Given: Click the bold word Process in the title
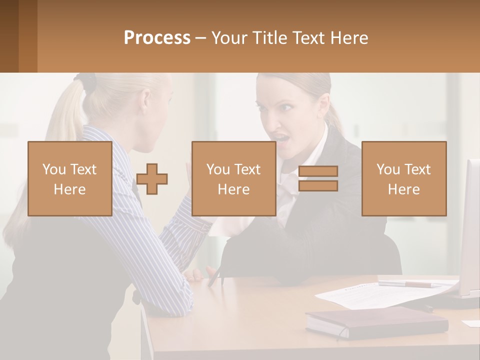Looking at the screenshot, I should [x=157, y=38].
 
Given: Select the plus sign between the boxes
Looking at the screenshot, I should [x=152, y=179].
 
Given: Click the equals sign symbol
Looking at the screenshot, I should [x=318, y=178].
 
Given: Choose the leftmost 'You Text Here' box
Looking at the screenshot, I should [x=70, y=178].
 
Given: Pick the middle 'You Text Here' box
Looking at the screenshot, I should [x=233, y=178].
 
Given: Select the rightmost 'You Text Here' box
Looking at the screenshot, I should [x=403, y=178].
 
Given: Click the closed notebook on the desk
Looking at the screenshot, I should [x=376, y=322].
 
